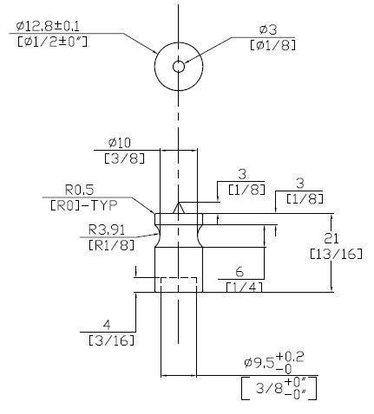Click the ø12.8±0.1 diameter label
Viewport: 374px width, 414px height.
pos(48,26)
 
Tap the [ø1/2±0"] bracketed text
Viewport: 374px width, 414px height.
pos(52,42)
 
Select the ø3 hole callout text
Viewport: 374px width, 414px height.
pos(268,29)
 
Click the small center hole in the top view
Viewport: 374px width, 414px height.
pos(179,67)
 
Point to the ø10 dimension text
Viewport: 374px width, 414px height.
pos(120,142)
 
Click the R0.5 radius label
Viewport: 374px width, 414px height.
pos(80,190)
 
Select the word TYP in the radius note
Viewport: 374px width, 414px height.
pos(104,205)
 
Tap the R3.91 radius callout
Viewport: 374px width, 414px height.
pos(107,230)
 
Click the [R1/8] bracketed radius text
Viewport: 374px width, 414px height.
pos(112,245)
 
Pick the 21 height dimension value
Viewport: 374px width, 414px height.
pos(331,238)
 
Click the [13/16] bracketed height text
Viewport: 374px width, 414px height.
pos(336,254)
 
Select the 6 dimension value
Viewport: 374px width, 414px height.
pos(239,272)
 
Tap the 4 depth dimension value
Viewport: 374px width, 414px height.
pos(107,325)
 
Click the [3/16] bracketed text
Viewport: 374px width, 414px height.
pos(112,340)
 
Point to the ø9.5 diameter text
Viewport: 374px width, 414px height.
pos(259,362)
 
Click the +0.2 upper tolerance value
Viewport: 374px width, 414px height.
pos(290,358)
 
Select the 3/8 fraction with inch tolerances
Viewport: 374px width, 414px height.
pos(269,389)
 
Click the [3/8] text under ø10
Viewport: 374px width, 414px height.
pos(124,158)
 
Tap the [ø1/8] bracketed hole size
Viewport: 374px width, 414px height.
pos(273,45)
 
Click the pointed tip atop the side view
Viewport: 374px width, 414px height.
pos(179,203)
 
